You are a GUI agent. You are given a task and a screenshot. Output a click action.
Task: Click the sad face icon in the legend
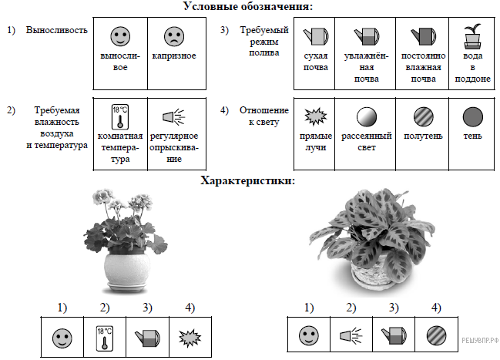pos(174,36)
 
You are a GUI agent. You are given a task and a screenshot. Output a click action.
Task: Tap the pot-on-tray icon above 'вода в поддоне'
pos(472,36)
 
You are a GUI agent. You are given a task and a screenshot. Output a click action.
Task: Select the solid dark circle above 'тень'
pos(472,117)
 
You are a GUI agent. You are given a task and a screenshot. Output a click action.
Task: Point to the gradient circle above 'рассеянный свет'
pos(367,117)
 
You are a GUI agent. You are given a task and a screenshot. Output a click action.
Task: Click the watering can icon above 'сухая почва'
pos(316,36)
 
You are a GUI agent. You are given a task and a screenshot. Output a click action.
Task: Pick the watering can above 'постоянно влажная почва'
pos(423,36)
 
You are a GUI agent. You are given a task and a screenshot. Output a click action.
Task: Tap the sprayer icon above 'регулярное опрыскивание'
pos(174,117)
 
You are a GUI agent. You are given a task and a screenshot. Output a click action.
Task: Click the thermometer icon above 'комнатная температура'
pos(120,117)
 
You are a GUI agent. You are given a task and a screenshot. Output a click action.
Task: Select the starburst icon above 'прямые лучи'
pos(316,116)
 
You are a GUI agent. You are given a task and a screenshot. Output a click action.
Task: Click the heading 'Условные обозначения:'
pos(248,5)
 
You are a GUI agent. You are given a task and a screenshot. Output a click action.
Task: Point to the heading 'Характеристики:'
pos(248,181)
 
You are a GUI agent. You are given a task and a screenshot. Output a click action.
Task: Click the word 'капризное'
pos(174,56)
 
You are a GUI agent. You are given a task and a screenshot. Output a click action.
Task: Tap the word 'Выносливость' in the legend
pos(56,30)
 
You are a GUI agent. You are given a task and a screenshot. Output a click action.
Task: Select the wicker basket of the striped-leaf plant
pos(371,272)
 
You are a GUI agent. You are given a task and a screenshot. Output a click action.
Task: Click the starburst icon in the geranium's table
pos(190,338)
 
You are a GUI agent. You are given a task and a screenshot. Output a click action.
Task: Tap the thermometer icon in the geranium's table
pos(105,338)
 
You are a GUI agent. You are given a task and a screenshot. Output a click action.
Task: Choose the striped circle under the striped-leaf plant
pos(436,336)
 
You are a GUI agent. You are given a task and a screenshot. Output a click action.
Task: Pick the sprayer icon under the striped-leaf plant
pos(351,336)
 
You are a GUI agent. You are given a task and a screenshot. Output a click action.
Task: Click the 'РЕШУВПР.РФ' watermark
pos(480,341)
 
